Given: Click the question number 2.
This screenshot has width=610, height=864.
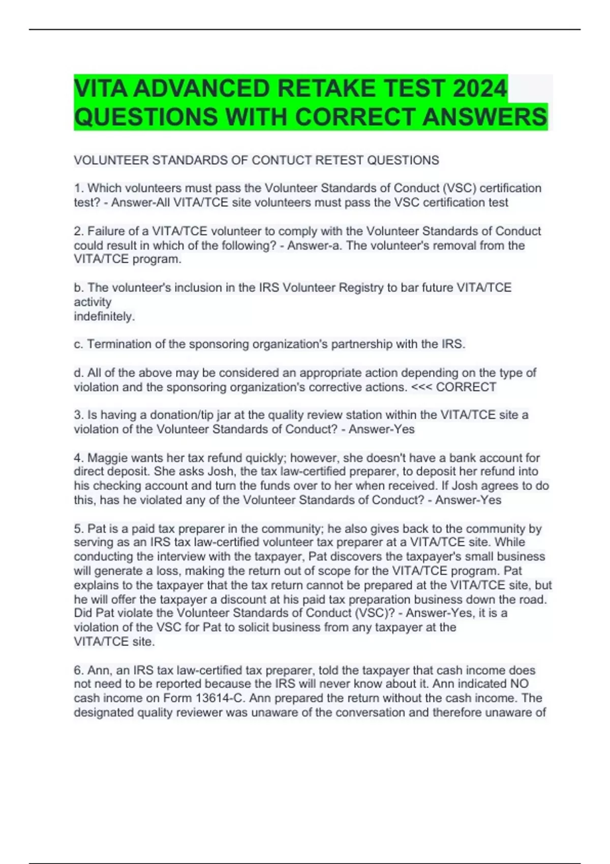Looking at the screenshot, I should pyautogui.click(x=78, y=231).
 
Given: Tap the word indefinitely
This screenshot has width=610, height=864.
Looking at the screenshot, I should pyautogui.click(x=104, y=316).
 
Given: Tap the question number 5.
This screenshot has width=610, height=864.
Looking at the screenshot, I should pyautogui.click(x=78, y=529).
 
